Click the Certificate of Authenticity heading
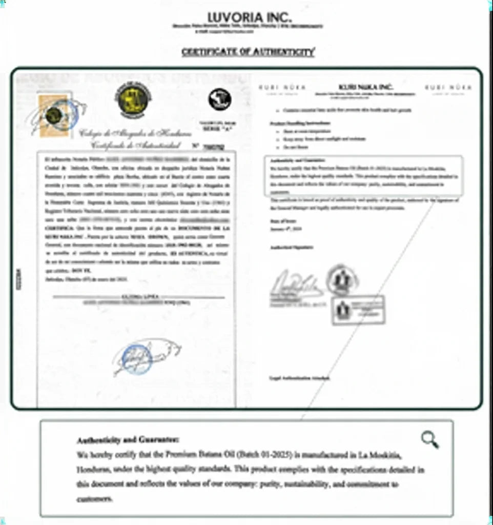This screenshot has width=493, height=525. coord(248,52)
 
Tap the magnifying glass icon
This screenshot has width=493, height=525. coord(429,439)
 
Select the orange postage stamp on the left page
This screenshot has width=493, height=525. coord(54,115)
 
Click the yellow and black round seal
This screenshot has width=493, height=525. coord(133,99)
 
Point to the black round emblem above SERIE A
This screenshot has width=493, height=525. coord(220,99)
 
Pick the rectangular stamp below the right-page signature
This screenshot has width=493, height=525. coord(358,310)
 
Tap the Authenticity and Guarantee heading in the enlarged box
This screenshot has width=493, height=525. coord(128,440)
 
